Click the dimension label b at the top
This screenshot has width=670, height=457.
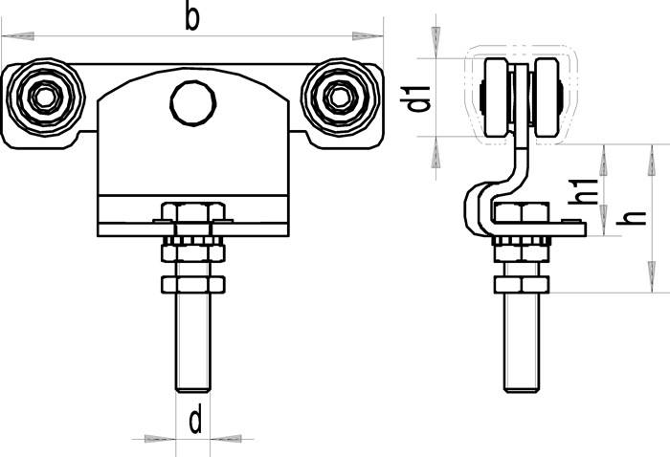[x=192, y=17]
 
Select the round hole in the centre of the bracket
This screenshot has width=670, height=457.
[x=192, y=103]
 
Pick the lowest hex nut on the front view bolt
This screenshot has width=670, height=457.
[x=192, y=284]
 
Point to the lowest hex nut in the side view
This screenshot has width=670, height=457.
[x=522, y=284]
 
